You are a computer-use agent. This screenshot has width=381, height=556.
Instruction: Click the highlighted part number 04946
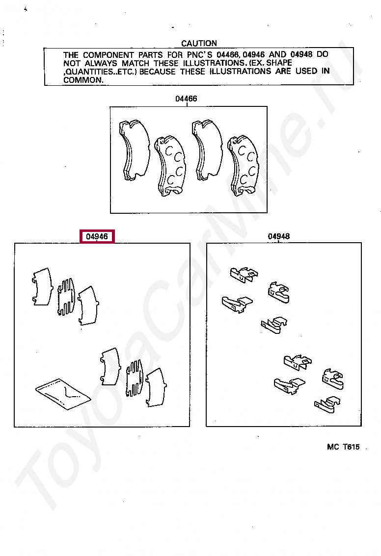(x=97, y=236)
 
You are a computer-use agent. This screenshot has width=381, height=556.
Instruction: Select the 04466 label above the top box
(x=186, y=99)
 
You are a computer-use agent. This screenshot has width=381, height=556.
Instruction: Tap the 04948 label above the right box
(x=279, y=236)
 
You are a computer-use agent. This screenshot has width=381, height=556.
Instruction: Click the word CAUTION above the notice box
(x=199, y=43)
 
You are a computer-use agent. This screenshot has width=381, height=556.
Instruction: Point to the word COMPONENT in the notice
(x=109, y=55)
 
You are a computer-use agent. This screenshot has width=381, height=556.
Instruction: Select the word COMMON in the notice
(x=83, y=80)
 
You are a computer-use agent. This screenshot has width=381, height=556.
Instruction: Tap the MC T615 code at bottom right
(x=343, y=447)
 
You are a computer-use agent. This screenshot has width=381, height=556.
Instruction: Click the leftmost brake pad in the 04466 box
(x=135, y=150)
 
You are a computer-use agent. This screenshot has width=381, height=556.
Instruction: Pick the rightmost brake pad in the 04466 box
(x=244, y=165)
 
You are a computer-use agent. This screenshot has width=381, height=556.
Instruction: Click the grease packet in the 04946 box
(x=63, y=394)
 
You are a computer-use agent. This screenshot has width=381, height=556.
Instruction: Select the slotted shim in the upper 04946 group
(x=66, y=297)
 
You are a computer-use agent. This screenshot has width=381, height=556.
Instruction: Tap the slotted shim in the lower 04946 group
(x=135, y=378)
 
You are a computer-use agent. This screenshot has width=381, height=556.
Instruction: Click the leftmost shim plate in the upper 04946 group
(x=42, y=286)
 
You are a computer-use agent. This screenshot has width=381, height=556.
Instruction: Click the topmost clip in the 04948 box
(x=244, y=275)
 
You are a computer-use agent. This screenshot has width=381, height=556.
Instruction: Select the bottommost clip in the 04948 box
(x=327, y=405)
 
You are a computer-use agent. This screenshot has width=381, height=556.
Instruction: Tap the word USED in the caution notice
(x=306, y=71)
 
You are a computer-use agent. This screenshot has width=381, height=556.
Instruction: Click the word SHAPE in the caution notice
(x=279, y=63)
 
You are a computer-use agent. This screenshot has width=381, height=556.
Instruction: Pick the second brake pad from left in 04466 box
(x=170, y=165)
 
